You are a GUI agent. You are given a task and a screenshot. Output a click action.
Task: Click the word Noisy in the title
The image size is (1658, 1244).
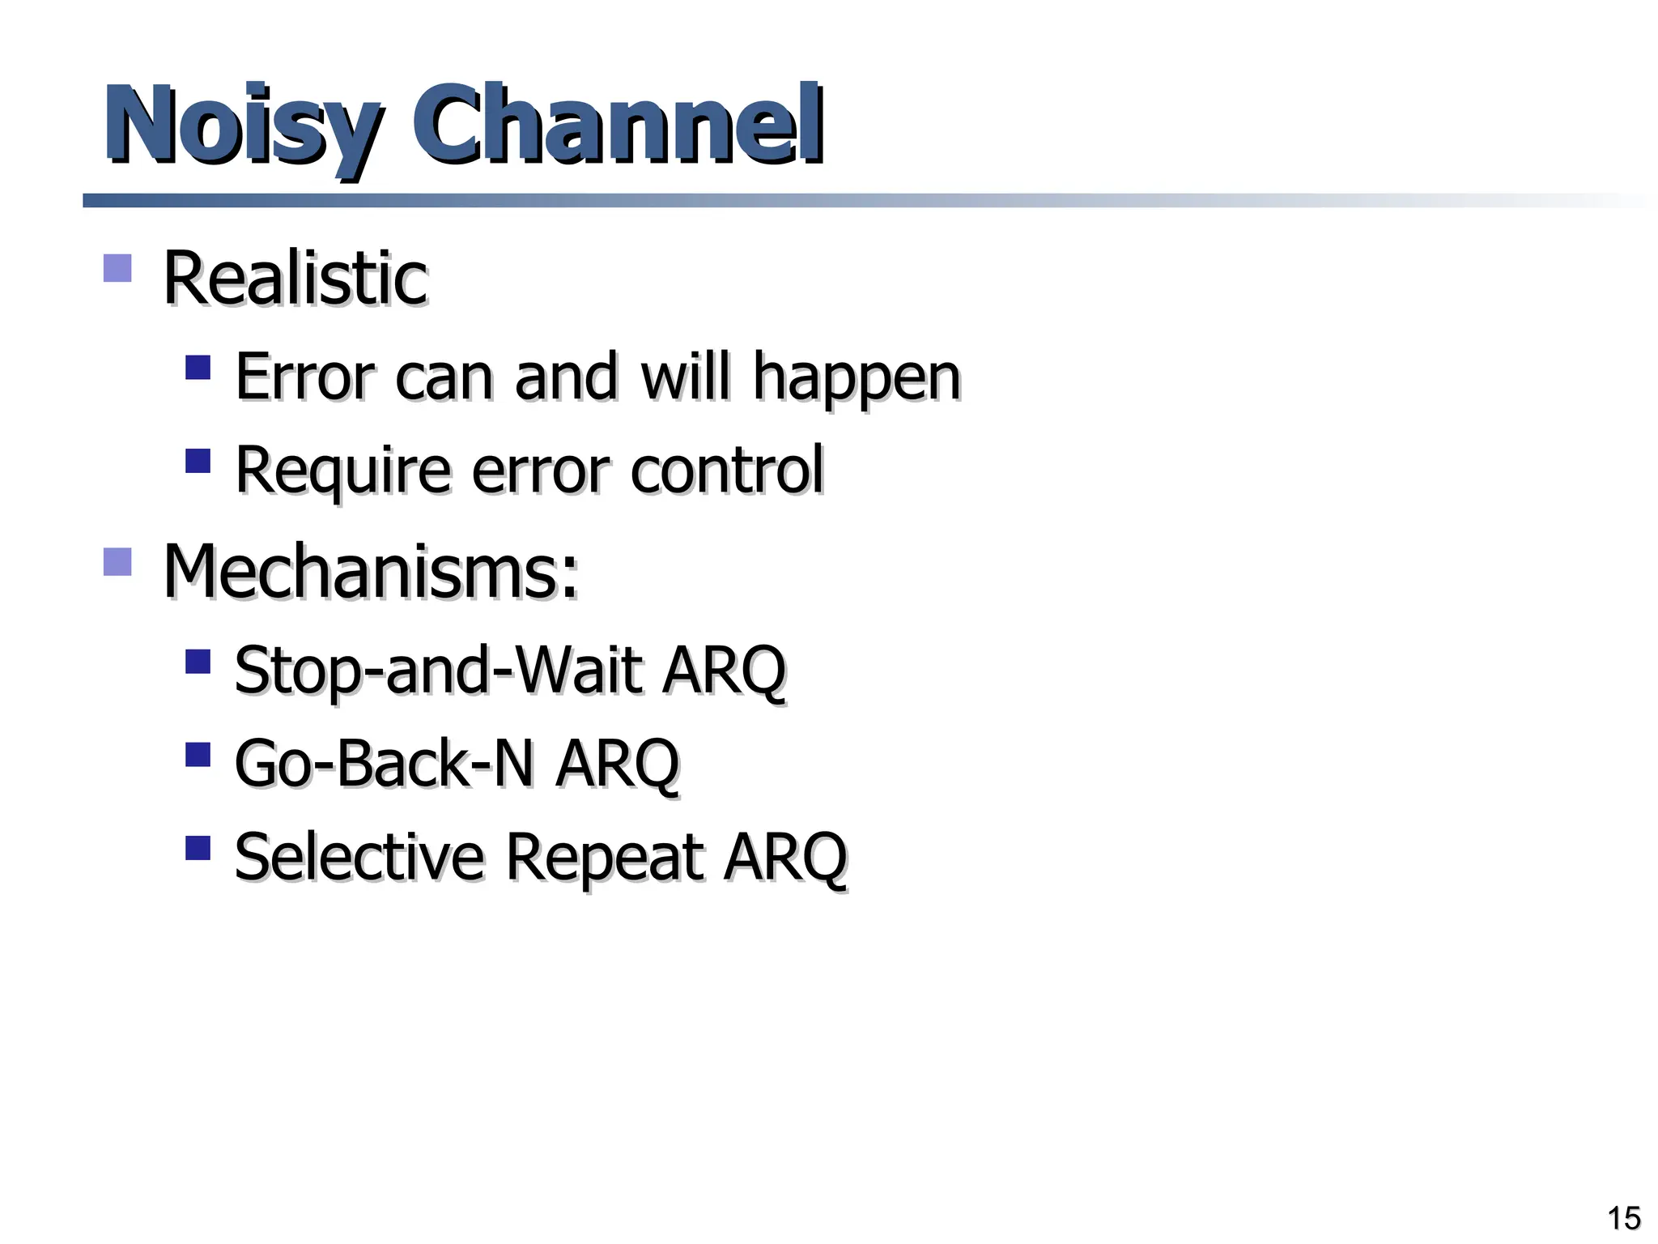[x=240, y=126]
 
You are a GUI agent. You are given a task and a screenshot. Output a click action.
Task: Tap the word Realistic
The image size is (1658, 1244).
[x=295, y=278]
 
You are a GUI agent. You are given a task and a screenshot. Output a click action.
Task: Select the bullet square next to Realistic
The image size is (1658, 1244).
[x=117, y=268]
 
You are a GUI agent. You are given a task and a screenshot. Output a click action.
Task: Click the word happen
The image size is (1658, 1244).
[x=856, y=377]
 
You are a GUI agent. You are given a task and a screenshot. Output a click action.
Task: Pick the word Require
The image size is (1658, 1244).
[x=342, y=471]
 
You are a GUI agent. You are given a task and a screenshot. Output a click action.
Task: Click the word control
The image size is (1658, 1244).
[x=726, y=471]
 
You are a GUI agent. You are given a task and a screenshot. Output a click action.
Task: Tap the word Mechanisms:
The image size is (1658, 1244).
[x=371, y=571]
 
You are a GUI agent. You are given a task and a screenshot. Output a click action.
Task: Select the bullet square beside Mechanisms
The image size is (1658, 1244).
[x=117, y=562]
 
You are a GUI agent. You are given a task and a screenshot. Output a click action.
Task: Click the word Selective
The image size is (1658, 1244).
[x=359, y=857]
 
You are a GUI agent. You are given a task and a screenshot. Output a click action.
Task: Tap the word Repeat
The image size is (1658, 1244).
[x=604, y=857]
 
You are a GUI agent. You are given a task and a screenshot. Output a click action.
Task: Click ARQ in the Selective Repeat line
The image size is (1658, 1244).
[x=785, y=857]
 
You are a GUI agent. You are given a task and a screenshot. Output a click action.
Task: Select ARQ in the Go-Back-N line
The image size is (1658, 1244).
[x=617, y=764]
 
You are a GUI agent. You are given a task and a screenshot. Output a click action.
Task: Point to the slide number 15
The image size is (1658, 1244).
[x=1623, y=1218]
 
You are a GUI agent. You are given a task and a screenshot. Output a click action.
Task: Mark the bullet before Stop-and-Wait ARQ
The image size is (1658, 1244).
[x=198, y=662]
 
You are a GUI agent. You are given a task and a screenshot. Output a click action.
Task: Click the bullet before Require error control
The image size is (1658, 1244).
[x=198, y=462]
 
